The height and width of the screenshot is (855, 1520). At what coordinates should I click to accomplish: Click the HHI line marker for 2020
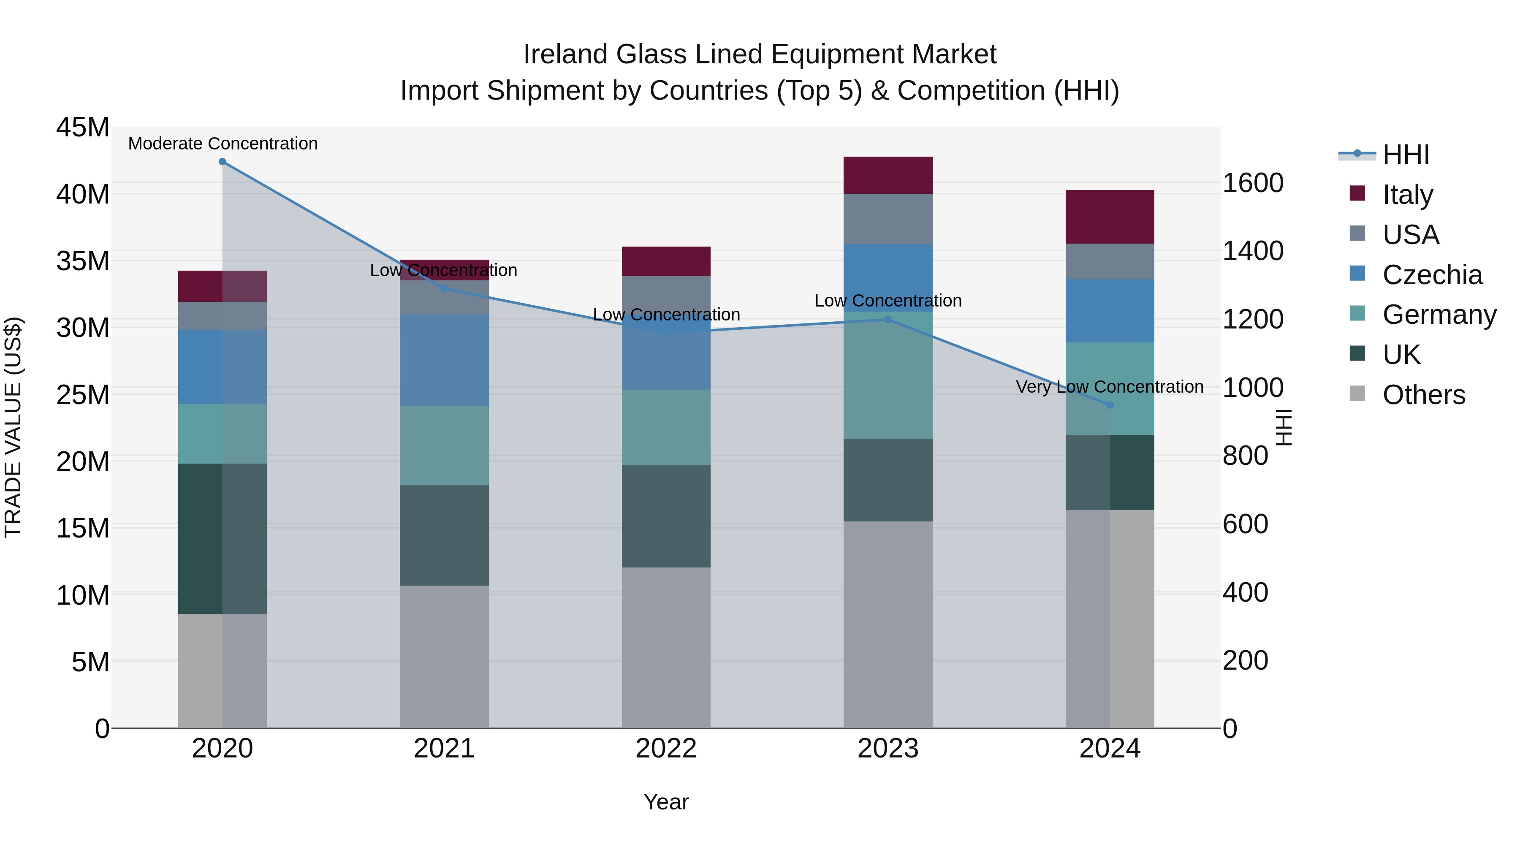(223, 162)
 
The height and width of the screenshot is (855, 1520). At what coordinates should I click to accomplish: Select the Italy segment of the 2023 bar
(888, 175)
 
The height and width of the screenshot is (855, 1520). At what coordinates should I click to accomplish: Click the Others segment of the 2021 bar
(444, 656)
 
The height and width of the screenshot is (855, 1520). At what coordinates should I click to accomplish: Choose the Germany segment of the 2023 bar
(888, 375)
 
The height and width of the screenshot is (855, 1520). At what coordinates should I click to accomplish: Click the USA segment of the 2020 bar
(223, 316)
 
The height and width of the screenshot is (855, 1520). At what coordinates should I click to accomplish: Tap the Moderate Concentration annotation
(223, 144)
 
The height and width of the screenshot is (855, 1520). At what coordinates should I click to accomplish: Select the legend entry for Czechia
(1432, 275)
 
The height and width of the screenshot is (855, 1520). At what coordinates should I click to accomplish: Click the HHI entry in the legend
(1406, 155)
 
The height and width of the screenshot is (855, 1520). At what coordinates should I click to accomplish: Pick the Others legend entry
(1423, 395)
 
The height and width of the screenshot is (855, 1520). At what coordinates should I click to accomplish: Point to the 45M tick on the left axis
(83, 128)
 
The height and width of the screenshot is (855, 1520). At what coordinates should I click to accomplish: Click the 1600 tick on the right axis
(1252, 183)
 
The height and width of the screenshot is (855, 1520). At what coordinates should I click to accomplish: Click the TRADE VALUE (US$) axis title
(13, 427)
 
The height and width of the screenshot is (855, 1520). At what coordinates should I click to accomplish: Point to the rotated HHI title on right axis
(1284, 427)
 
